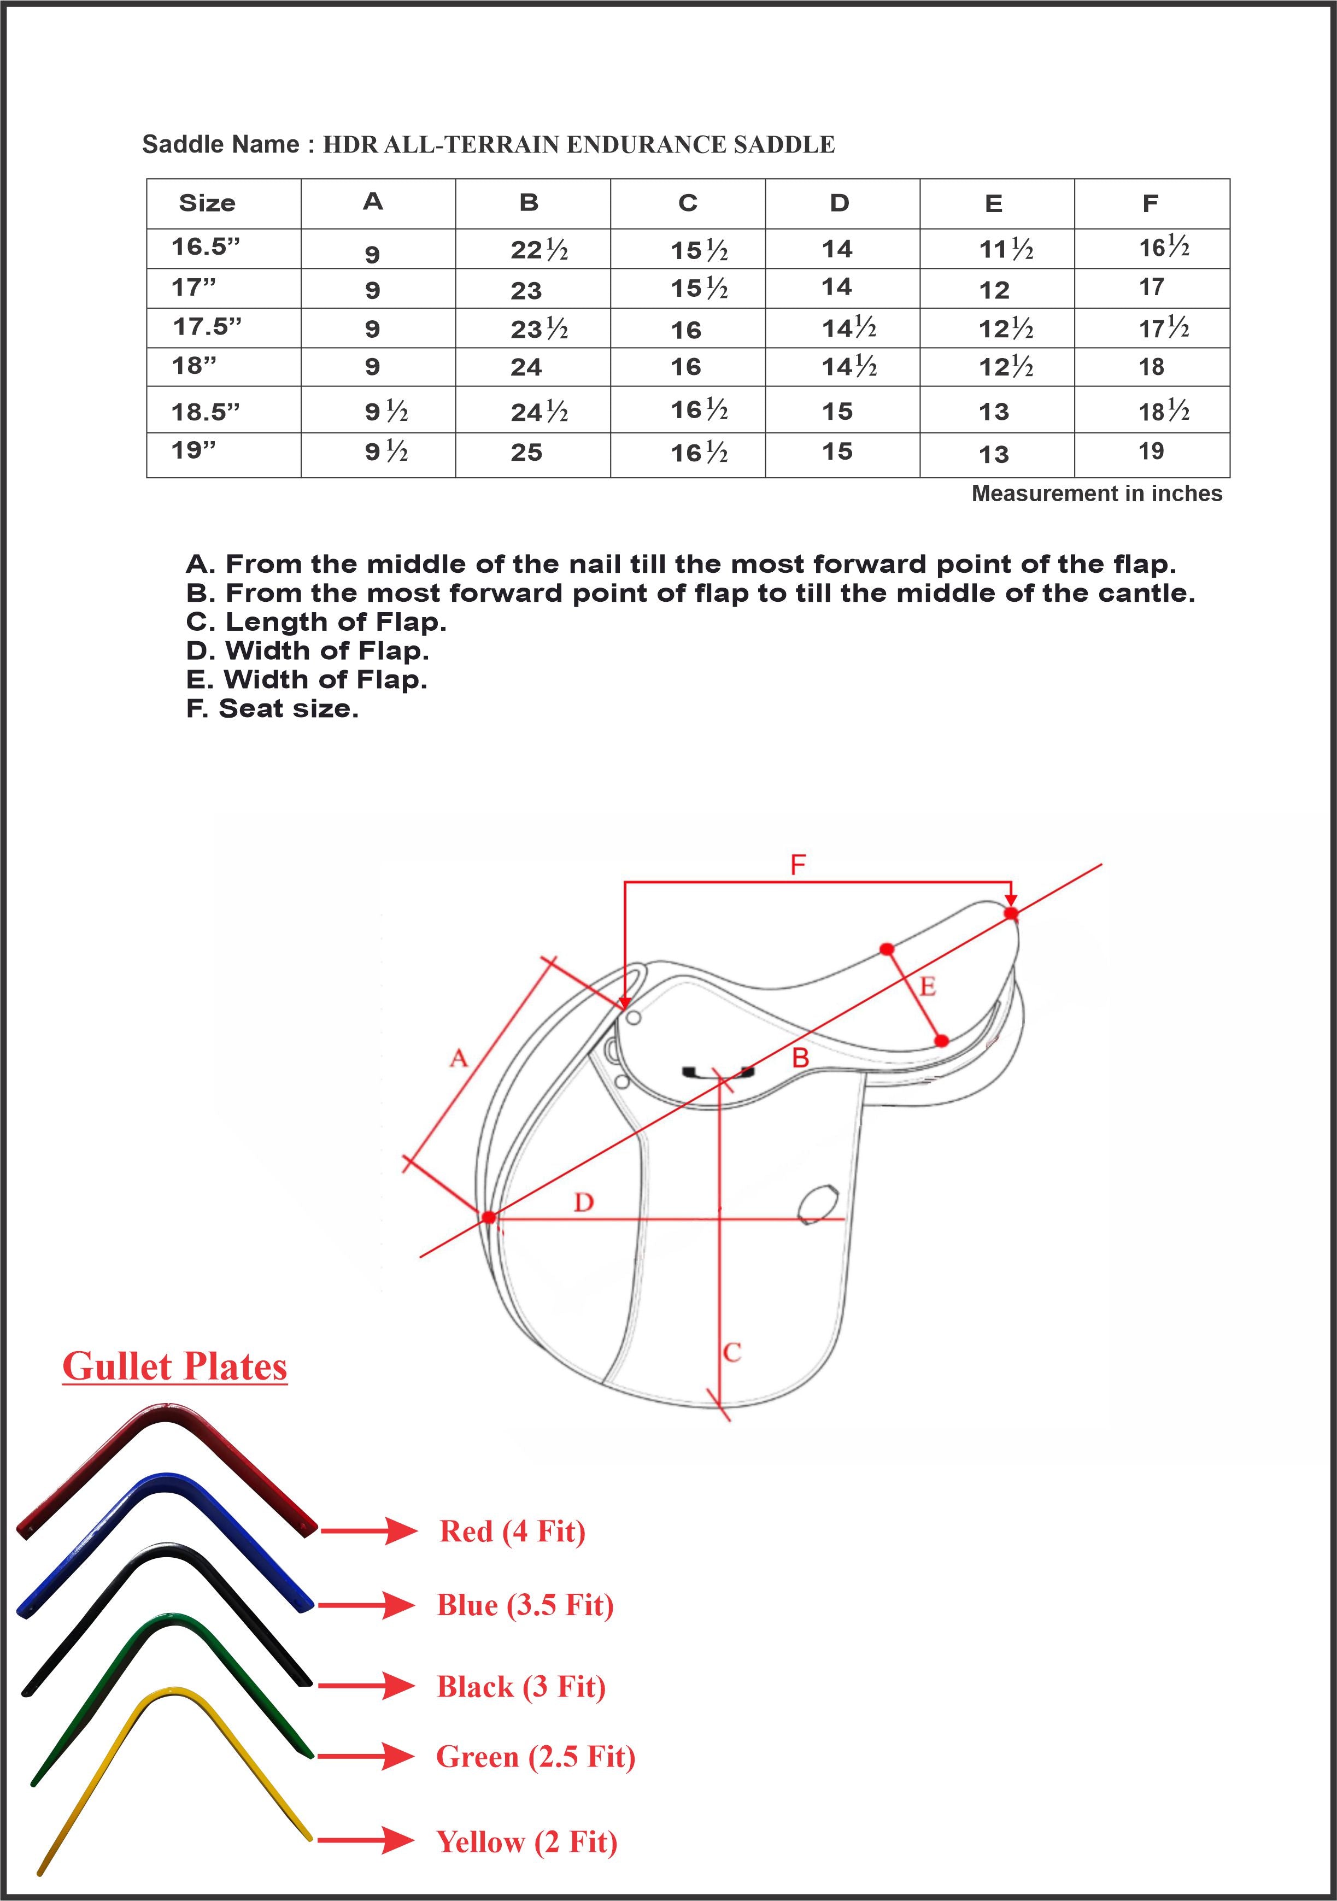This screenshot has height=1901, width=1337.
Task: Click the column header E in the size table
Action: click(x=993, y=204)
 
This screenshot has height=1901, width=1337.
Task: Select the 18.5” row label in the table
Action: click(x=206, y=412)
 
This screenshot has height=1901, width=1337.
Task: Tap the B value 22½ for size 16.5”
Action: click(x=539, y=249)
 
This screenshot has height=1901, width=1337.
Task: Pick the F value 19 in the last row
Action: click(x=1151, y=451)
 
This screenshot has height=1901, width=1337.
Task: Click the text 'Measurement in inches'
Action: click(x=1096, y=494)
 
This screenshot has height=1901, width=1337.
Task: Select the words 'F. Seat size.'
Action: click(x=272, y=709)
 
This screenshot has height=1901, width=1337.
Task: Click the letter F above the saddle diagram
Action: click(x=797, y=865)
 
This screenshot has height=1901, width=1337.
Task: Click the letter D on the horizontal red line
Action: click(x=584, y=1202)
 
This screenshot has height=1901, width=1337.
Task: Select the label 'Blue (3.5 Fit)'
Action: click(x=525, y=1605)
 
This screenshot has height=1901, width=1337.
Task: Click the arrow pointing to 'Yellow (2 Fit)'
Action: click(x=365, y=1840)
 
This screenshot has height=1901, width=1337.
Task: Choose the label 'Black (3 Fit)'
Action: click(x=521, y=1686)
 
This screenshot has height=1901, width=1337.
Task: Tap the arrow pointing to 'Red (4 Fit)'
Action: click(x=368, y=1532)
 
